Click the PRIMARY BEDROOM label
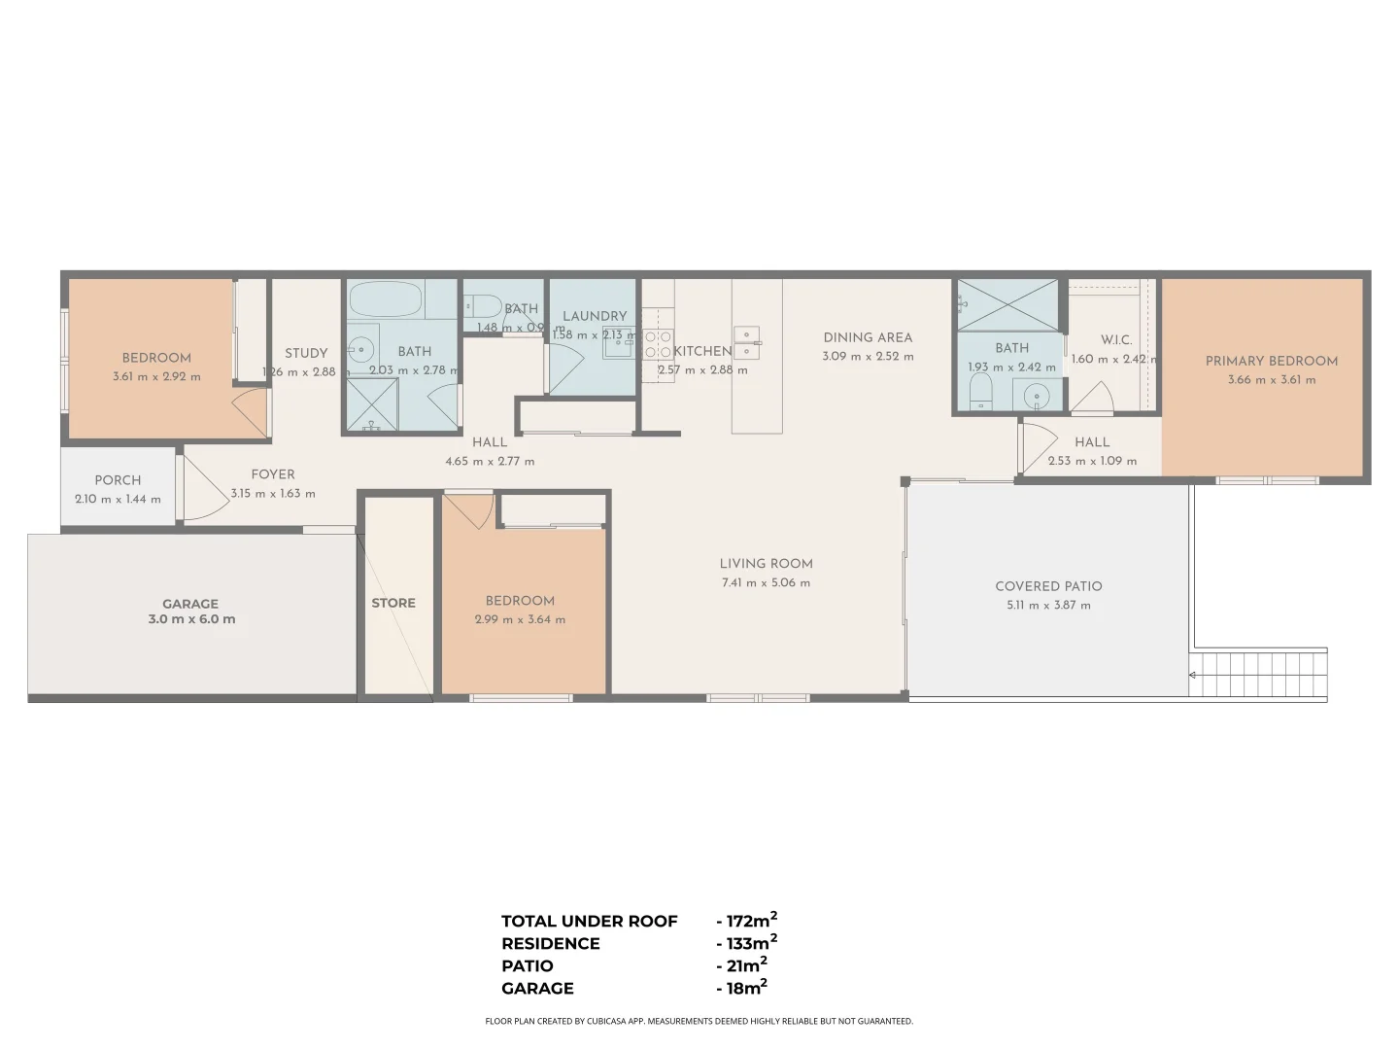pos(1271,361)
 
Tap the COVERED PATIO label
pos(1048,586)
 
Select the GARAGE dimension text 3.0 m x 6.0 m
pos(191,619)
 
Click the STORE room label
pos(393,603)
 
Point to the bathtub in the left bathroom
pos(386,299)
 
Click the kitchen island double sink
pos(746,342)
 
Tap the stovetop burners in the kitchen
pos(659,345)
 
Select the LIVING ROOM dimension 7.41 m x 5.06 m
pos(766,583)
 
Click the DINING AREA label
pos(868,337)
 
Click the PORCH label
pos(118,480)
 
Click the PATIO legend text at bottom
pos(528,966)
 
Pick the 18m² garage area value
pos(746,989)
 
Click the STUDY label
pos(306,353)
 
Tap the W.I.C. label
pos(1116,339)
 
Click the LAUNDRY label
pos(595,316)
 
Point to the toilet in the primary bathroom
pos(980,393)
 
